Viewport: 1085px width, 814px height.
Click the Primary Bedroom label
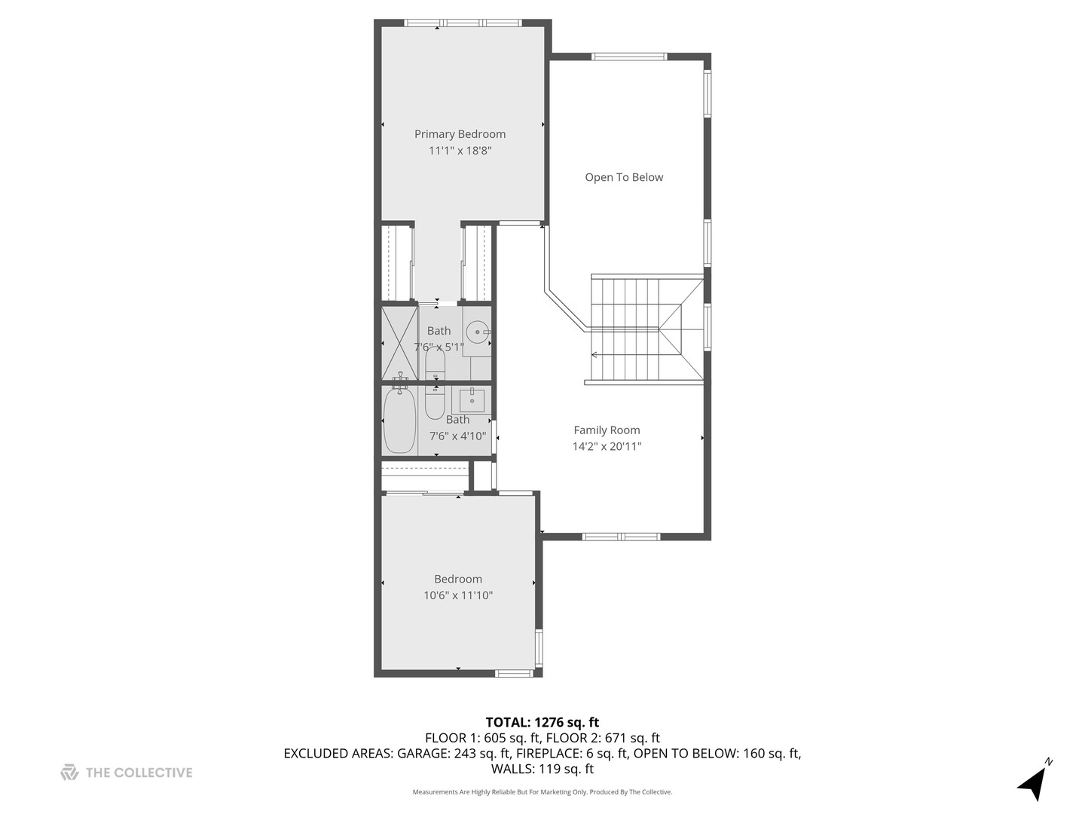460,134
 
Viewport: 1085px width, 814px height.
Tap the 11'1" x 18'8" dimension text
460,151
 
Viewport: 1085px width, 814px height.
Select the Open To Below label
624,177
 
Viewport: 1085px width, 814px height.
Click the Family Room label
607,430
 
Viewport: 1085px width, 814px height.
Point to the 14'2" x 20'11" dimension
607,446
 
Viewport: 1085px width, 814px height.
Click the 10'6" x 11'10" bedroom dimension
458,595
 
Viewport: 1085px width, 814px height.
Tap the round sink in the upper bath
477,332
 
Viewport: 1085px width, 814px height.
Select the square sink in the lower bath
472,399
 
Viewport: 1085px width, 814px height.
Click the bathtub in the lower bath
399,422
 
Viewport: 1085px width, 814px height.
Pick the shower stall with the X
399,343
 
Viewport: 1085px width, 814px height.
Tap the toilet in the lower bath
435,403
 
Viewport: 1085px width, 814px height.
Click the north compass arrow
1033,784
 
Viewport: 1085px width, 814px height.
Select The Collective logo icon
69,773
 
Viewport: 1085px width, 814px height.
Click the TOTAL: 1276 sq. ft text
542,723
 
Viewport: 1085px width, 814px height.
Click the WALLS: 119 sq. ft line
542,769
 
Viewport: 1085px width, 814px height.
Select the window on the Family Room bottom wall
621,537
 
